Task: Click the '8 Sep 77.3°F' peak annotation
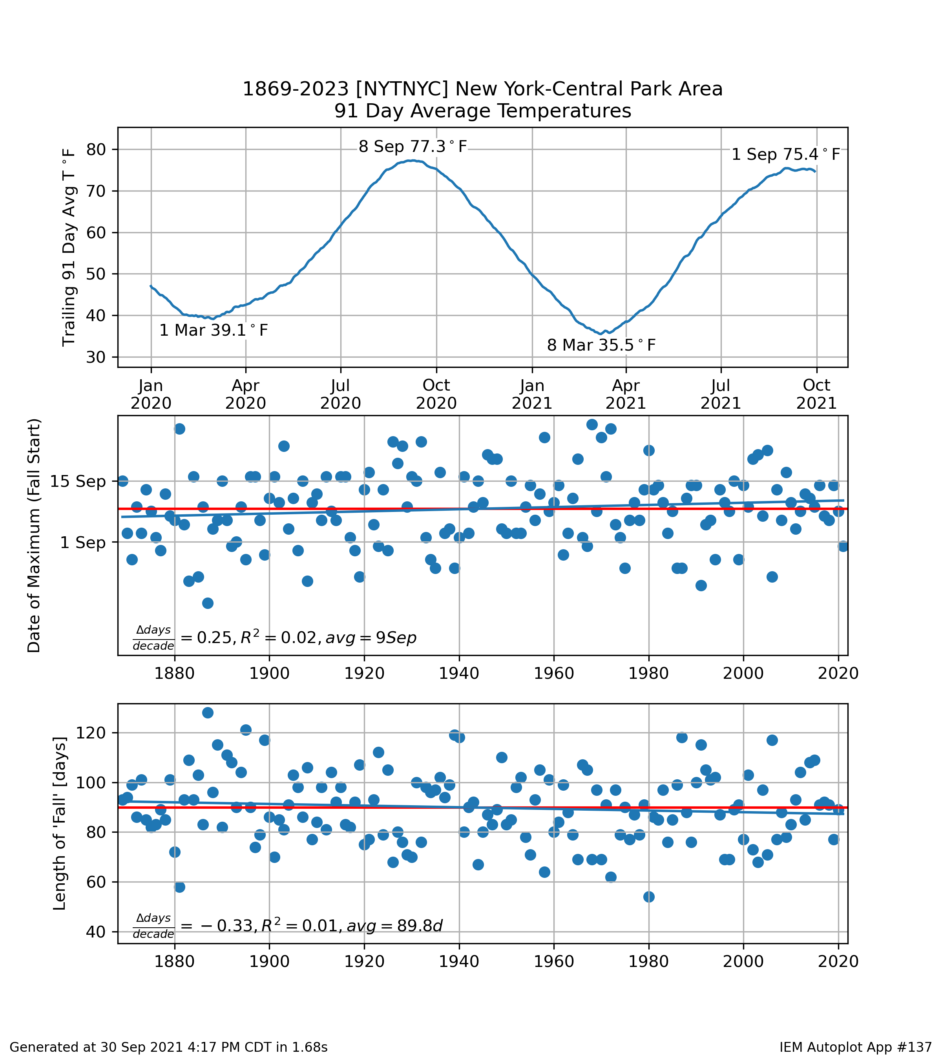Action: [x=413, y=147]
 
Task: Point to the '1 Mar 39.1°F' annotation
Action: [x=214, y=330]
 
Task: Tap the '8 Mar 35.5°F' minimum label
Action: [x=601, y=345]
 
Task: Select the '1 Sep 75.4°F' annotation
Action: [x=785, y=155]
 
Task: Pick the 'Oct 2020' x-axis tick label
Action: [x=436, y=394]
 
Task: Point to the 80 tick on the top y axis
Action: [x=96, y=149]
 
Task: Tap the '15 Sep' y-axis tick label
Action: [x=78, y=481]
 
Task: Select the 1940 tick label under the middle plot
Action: [x=459, y=673]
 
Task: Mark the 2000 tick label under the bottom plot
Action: [x=743, y=961]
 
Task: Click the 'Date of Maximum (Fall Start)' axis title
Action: [x=34, y=535]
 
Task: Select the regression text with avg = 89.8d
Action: [x=288, y=926]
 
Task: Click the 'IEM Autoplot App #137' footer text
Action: [x=855, y=1047]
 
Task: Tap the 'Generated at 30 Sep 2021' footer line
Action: [x=168, y=1047]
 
